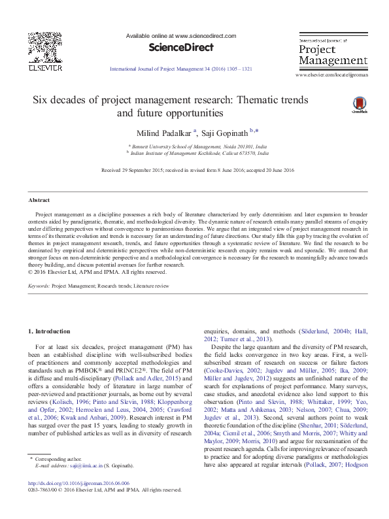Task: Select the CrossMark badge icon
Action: point(358,105)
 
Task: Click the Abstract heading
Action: point(39,199)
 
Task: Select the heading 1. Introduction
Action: point(47,332)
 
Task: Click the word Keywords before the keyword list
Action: point(39,286)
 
